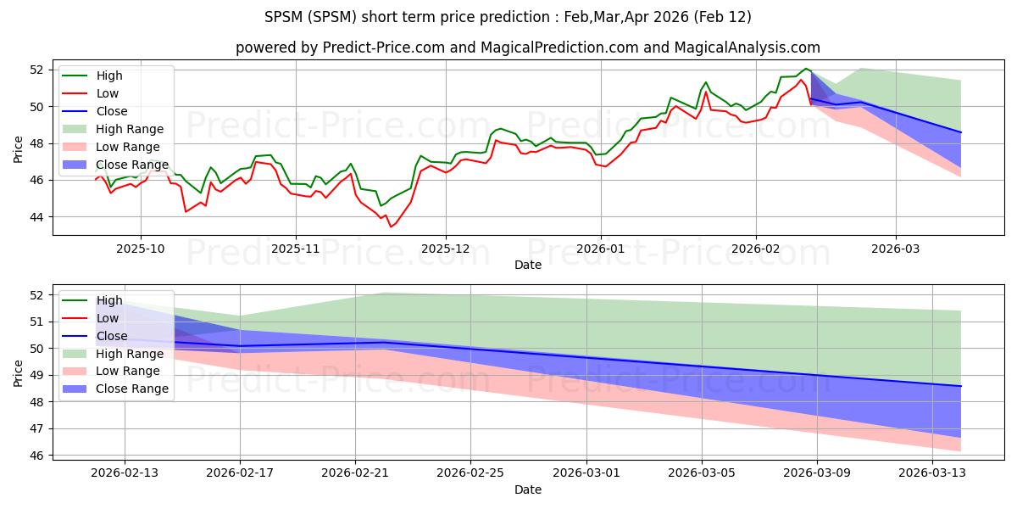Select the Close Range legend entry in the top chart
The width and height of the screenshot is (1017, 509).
[132, 165]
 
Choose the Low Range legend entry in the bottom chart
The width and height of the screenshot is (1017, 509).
[130, 371]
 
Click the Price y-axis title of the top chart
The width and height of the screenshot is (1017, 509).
[19, 148]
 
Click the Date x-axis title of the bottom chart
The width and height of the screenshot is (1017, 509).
[528, 489]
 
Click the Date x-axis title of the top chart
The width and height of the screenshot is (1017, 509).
[528, 265]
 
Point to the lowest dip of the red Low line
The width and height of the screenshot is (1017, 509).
[391, 227]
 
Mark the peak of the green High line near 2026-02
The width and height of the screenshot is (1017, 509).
[806, 68]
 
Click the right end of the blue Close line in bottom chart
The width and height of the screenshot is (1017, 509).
[960, 386]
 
